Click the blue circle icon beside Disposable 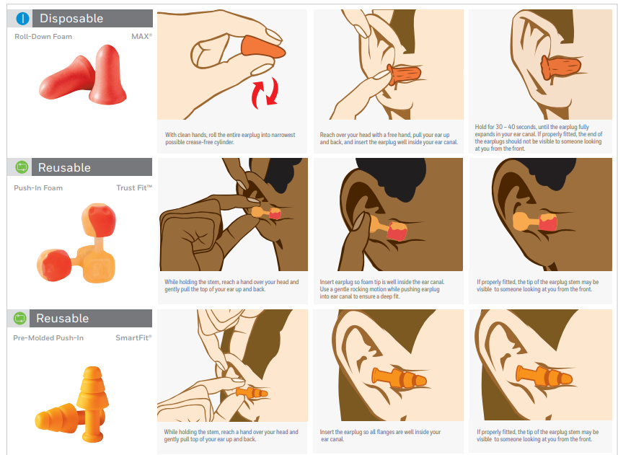23,19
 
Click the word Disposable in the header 71,19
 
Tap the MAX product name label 141,36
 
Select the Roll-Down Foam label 43,37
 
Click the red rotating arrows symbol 265,93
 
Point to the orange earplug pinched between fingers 263,48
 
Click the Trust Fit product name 134,188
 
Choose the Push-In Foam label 38,188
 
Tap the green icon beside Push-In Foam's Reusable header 22,167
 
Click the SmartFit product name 133,337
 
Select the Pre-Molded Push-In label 48,338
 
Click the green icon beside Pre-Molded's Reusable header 19,318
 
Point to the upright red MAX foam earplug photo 107,74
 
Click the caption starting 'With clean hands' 230,138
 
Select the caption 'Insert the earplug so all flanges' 380,436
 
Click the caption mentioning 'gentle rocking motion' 382,289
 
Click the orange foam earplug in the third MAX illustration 561,67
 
